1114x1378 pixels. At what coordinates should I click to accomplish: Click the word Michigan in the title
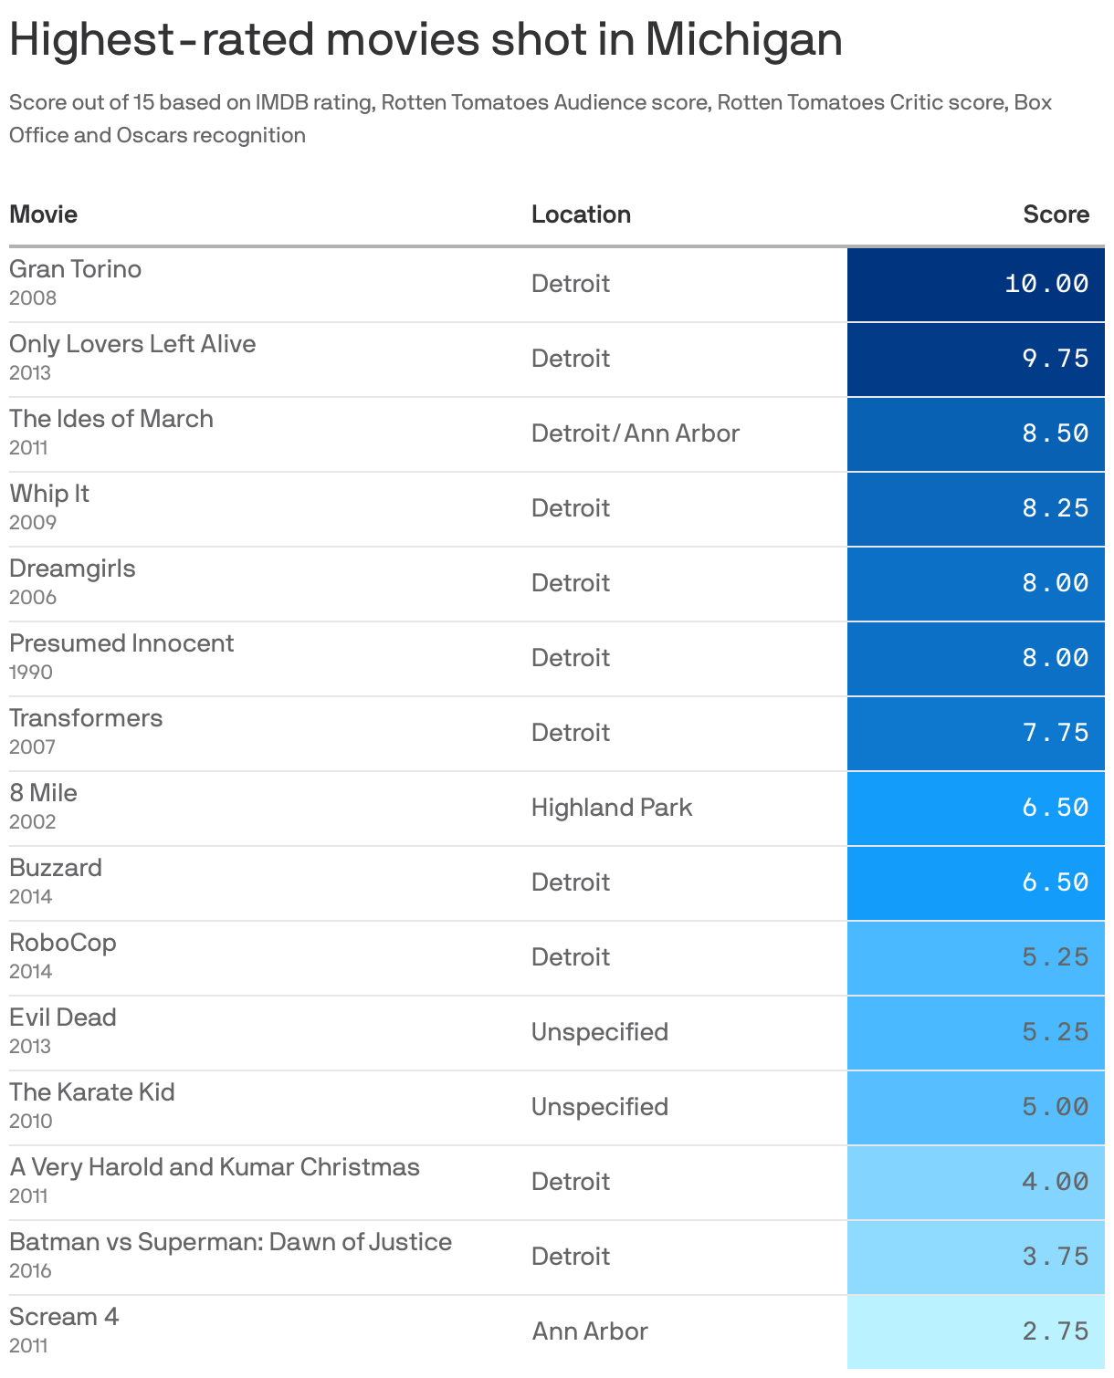point(743,40)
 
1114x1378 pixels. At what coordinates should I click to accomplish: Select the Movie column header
point(44,214)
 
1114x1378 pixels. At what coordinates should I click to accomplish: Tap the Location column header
point(581,214)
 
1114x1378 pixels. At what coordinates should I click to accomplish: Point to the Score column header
point(1056,214)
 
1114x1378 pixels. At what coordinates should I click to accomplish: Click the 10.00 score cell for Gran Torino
point(1046,284)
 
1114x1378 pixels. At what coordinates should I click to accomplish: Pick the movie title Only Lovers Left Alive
point(132,344)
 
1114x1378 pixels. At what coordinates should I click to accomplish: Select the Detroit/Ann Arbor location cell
point(636,433)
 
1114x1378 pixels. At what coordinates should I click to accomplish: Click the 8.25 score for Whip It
point(1055,508)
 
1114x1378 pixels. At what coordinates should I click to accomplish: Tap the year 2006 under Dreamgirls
point(33,598)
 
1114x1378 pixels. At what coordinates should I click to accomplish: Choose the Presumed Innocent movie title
point(121,643)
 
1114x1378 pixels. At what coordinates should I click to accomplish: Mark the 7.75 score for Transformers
point(1055,733)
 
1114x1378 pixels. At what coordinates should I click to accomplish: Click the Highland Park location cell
point(612,808)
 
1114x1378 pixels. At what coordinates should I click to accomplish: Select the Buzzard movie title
point(56,868)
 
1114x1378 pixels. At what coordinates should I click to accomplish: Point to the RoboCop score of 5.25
point(1055,957)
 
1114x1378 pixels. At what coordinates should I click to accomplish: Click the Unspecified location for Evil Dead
point(600,1032)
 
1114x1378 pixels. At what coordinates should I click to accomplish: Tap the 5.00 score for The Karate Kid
point(1055,1107)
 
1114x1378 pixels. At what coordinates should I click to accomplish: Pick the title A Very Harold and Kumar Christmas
point(215,1167)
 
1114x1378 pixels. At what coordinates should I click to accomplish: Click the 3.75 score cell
point(1055,1257)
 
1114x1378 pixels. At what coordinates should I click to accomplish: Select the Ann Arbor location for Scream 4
point(590,1331)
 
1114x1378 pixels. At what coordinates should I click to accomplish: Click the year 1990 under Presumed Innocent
point(31,673)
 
